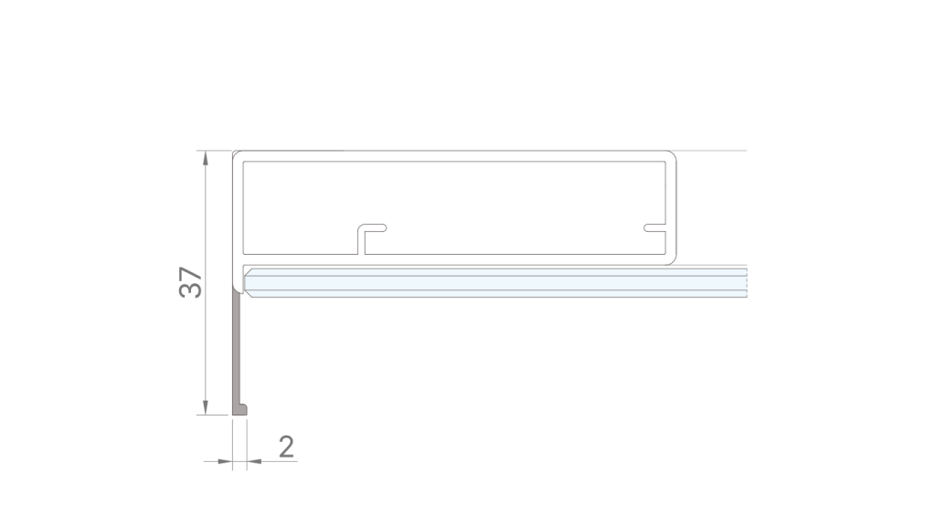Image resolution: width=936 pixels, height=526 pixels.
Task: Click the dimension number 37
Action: (191, 282)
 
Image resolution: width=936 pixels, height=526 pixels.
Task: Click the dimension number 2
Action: (286, 446)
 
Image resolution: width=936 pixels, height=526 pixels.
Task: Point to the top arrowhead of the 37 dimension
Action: (206, 158)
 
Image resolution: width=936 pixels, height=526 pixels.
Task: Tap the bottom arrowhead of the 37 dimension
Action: (206, 406)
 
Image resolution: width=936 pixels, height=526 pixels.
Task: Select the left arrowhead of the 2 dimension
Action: (225, 462)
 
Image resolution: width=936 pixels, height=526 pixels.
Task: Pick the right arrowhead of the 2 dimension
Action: (255, 462)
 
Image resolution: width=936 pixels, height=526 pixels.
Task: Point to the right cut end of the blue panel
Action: (745, 281)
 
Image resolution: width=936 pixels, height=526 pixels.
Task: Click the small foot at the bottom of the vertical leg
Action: (241, 409)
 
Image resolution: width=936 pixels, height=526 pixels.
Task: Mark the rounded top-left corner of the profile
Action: (236, 155)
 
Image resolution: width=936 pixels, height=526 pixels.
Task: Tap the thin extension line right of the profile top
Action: (713, 150)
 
